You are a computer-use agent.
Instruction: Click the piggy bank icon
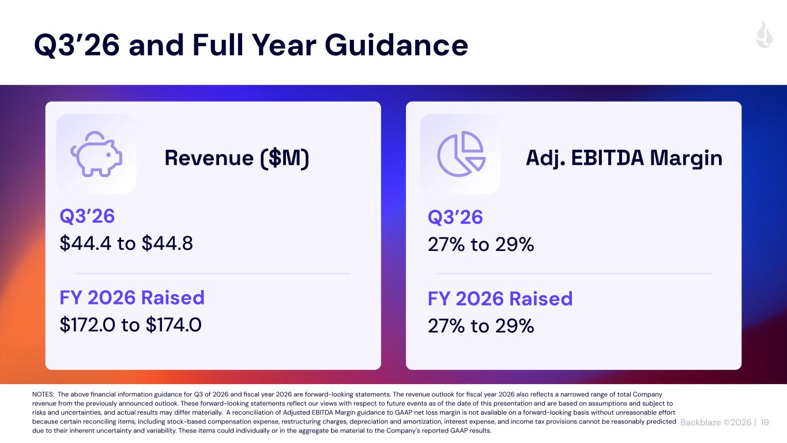[96, 154]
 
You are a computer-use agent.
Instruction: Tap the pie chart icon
[461, 154]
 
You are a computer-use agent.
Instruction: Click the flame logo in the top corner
[765, 35]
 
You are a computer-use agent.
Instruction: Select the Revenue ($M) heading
[237, 158]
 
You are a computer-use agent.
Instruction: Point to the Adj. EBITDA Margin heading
[624, 158]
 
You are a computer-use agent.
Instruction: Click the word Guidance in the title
[396, 45]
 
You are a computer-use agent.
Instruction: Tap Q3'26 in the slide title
[77, 45]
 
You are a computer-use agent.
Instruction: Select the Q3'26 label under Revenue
[87, 216]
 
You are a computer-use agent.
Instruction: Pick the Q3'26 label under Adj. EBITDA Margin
[455, 217]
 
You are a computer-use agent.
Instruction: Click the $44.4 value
[85, 243]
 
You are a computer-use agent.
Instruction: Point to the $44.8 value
[167, 243]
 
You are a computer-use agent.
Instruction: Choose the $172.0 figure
[88, 325]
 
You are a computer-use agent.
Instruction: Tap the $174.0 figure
[174, 325]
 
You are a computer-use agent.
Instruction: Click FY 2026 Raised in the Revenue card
[132, 298]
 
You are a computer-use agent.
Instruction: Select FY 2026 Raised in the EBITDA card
[500, 299]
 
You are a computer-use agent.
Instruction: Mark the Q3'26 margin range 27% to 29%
[481, 245]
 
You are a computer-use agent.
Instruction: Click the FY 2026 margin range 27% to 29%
[481, 326]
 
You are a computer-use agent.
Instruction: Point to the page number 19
[765, 422]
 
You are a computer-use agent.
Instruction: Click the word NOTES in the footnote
[43, 395]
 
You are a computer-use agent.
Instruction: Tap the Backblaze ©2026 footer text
[716, 422]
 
